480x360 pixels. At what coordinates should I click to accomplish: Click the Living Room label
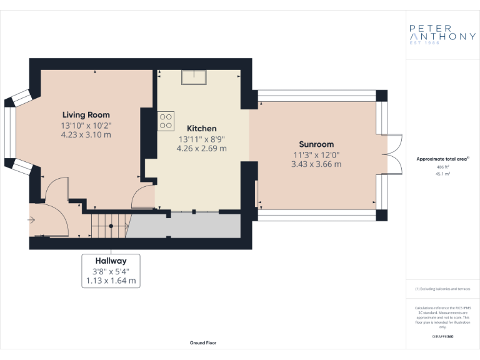pyautogui.click(x=86, y=114)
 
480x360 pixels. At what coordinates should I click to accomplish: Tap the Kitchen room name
pyautogui.click(x=201, y=128)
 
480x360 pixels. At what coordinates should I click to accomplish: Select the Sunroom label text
pyautogui.click(x=316, y=144)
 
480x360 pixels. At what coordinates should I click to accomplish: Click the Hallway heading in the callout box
pyautogui.click(x=111, y=261)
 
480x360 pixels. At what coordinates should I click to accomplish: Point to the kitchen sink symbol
pyautogui.click(x=195, y=77)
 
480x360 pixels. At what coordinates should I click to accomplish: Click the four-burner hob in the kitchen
pyautogui.click(x=166, y=121)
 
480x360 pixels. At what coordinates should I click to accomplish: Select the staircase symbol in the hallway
pyautogui.click(x=109, y=224)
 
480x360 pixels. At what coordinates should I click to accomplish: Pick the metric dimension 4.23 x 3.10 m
pyautogui.click(x=86, y=134)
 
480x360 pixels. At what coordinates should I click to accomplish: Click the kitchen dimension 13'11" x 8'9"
pyautogui.click(x=201, y=139)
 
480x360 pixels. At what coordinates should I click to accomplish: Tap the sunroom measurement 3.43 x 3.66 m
pyautogui.click(x=316, y=164)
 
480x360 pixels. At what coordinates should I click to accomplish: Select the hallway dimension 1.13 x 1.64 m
pyautogui.click(x=111, y=281)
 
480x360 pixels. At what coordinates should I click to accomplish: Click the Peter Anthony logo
pyautogui.click(x=442, y=34)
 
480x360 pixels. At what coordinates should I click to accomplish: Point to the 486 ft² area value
pyautogui.click(x=443, y=167)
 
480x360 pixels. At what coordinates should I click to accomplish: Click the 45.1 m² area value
pyautogui.click(x=443, y=174)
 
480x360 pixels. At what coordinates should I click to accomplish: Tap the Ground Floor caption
pyautogui.click(x=203, y=342)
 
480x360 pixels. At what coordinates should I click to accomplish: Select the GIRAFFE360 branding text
pyautogui.click(x=442, y=337)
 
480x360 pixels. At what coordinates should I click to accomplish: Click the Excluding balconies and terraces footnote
pyautogui.click(x=442, y=289)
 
